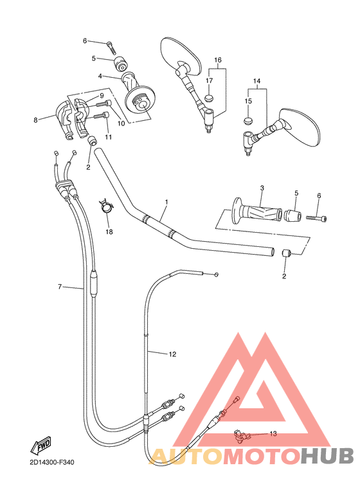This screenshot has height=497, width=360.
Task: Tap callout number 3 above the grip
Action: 262,188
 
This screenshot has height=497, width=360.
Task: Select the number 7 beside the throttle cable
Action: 60,287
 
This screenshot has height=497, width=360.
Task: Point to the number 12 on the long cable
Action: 172,354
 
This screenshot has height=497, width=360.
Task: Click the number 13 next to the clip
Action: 273,434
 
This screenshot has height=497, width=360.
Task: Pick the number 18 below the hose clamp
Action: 109,231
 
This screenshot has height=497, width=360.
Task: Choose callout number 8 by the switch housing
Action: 36,118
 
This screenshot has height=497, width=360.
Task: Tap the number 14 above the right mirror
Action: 257,82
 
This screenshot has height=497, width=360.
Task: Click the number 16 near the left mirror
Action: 217,60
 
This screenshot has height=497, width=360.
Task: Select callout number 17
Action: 209,80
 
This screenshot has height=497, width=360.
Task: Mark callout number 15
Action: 248,101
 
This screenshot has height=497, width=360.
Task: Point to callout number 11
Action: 108,137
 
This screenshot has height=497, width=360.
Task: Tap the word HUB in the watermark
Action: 327,455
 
